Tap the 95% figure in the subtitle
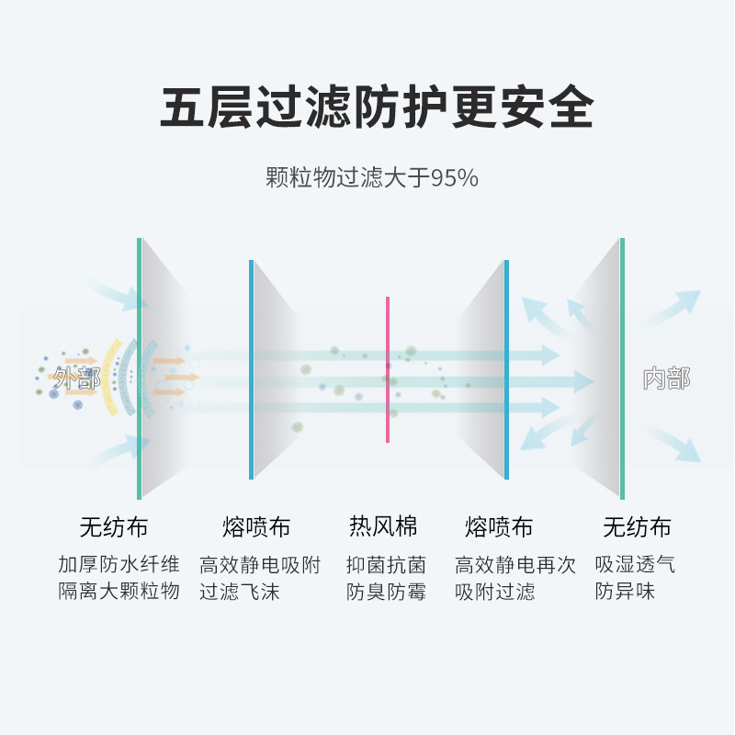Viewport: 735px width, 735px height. coord(456,178)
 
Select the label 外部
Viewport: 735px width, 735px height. coord(76,377)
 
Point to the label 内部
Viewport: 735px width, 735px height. coord(666,379)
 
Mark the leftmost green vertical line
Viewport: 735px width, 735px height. coord(139,367)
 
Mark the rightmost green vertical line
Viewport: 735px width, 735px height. coord(622,367)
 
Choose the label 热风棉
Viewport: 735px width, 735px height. coord(383,526)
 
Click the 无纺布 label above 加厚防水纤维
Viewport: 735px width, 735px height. coord(113,527)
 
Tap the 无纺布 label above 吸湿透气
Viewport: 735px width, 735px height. coord(637,527)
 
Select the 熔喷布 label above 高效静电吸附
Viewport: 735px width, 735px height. coord(256,527)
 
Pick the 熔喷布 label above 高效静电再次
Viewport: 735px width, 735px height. coord(499,527)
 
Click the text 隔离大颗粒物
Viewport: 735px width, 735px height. coord(119,591)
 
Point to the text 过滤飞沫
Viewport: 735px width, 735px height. coord(240,591)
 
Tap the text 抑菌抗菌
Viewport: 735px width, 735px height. coord(386,564)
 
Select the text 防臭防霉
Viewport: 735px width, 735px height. coord(386,592)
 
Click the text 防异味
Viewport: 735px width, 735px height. coord(625,591)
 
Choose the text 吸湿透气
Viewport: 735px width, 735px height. coord(635,564)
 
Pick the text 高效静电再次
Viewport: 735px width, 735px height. coord(515,564)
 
